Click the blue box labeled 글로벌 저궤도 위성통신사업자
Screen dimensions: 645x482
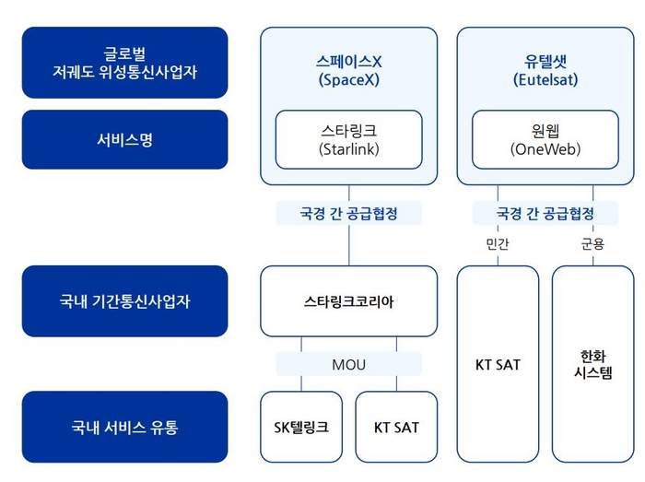(124, 63)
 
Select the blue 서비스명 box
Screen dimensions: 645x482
(124, 139)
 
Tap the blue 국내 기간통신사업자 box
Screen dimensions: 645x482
(124, 301)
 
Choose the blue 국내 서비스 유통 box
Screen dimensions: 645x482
(124, 427)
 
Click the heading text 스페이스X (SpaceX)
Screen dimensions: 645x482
(349, 70)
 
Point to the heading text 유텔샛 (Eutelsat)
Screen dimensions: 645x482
(545, 70)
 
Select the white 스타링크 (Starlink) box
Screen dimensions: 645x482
(349, 139)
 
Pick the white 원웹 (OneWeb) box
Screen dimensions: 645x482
(545, 139)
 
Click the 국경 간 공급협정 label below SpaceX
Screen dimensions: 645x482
(349, 213)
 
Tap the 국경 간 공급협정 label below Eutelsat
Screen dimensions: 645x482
(545, 213)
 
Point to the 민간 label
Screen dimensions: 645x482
(498, 244)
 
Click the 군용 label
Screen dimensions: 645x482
(592, 244)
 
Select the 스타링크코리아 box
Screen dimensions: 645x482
(349, 301)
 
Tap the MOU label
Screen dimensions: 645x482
(349, 364)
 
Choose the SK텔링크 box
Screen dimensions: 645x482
(301, 427)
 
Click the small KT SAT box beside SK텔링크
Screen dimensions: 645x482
(396, 427)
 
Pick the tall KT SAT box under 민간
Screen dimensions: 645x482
(498, 364)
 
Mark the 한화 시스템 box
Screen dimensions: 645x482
(592, 364)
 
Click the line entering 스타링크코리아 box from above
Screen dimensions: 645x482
(349, 245)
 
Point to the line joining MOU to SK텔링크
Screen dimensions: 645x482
(301, 383)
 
